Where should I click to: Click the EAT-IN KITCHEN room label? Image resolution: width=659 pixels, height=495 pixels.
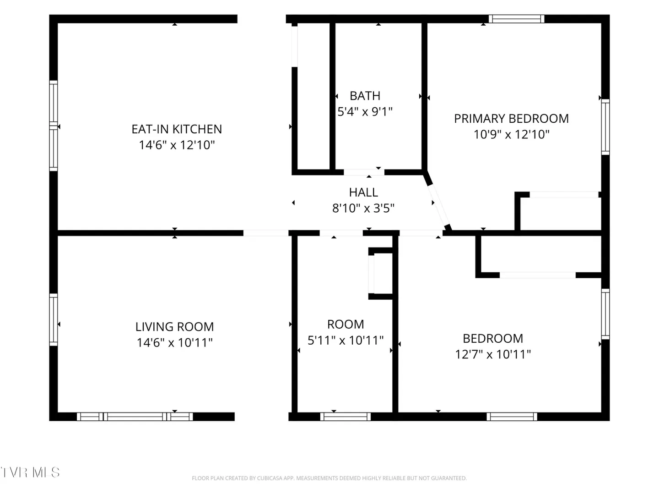click(x=177, y=129)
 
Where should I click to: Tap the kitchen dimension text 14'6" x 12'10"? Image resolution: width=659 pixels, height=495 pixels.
click(x=177, y=145)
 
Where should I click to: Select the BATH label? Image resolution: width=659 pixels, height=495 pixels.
click(x=365, y=96)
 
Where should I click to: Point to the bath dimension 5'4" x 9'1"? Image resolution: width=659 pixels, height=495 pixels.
click(x=365, y=111)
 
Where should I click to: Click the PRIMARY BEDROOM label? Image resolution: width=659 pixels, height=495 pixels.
click(x=511, y=118)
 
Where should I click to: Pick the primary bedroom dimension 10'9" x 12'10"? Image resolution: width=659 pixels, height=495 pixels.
click(x=511, y=134)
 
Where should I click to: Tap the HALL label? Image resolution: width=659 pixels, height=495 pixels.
click(x=363, y=192)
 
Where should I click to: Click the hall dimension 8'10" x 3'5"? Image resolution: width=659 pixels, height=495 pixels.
click(x=363, y=208)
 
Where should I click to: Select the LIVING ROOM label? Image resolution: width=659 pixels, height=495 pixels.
click(x=174, y=327)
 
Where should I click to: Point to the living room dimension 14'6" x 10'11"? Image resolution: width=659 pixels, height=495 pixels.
click(x=174, y=343)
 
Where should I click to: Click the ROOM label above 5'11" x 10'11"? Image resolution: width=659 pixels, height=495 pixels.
click(x=346, y=324)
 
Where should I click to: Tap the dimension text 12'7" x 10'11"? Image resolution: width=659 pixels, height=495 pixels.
click(x=493, y=354)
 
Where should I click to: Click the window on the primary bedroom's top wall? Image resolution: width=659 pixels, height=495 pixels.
click(x=516, y=19)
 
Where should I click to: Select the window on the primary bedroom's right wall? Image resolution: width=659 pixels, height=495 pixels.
click(x=605, y=127)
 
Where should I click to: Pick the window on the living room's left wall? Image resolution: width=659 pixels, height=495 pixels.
click(x=54, y=319)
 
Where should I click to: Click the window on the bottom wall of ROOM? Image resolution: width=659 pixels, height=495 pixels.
click(x=345, y=417)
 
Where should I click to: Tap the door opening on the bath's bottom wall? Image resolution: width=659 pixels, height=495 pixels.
click(x=364, y=172)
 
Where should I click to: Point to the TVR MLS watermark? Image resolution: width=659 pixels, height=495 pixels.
click(x=30, y=473)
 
